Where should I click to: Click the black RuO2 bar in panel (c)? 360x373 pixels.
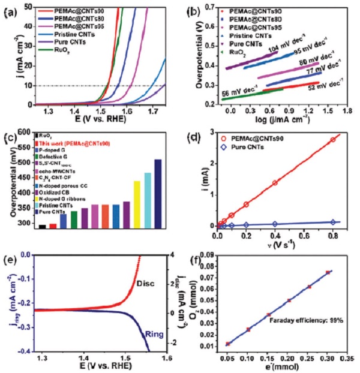coord(42,226)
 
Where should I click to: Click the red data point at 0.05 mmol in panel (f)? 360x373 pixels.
coord(227,344)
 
